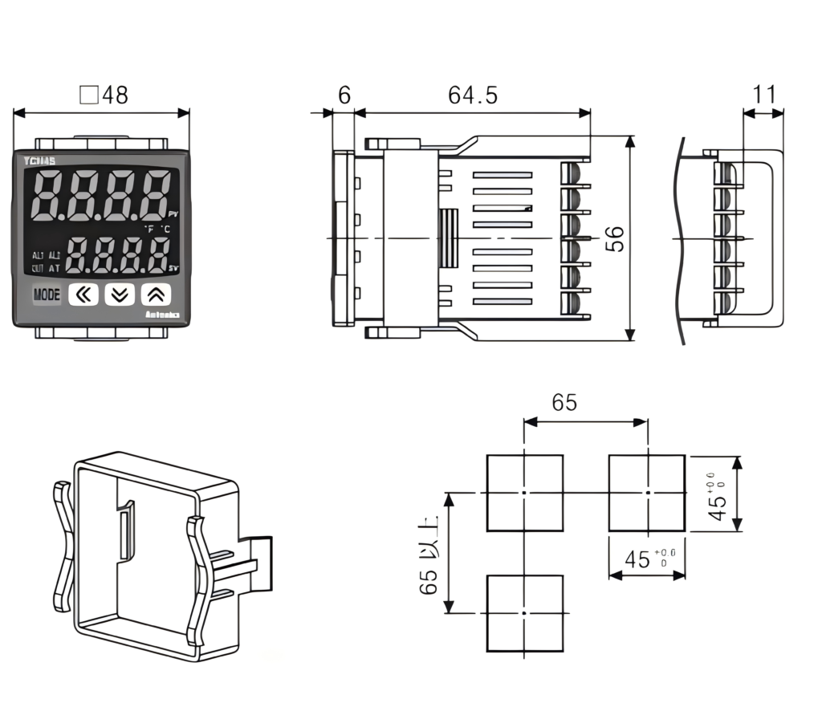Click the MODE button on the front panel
(47, 295)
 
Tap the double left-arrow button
(83, 295)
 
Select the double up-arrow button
(157, 295)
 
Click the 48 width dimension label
(114, 95)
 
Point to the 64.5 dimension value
(473, 95)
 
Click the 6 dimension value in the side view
(344, 95)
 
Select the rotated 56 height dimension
(615, 238)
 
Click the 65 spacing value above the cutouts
(564, 403)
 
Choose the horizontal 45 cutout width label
(638, 559)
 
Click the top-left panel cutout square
(524, 493)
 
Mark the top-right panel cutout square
(647, 493)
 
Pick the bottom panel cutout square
(524, 612)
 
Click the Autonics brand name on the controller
(166, 317)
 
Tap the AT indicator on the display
(55, 268)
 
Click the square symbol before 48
(89, 96)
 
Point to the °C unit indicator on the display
(165, 229)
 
